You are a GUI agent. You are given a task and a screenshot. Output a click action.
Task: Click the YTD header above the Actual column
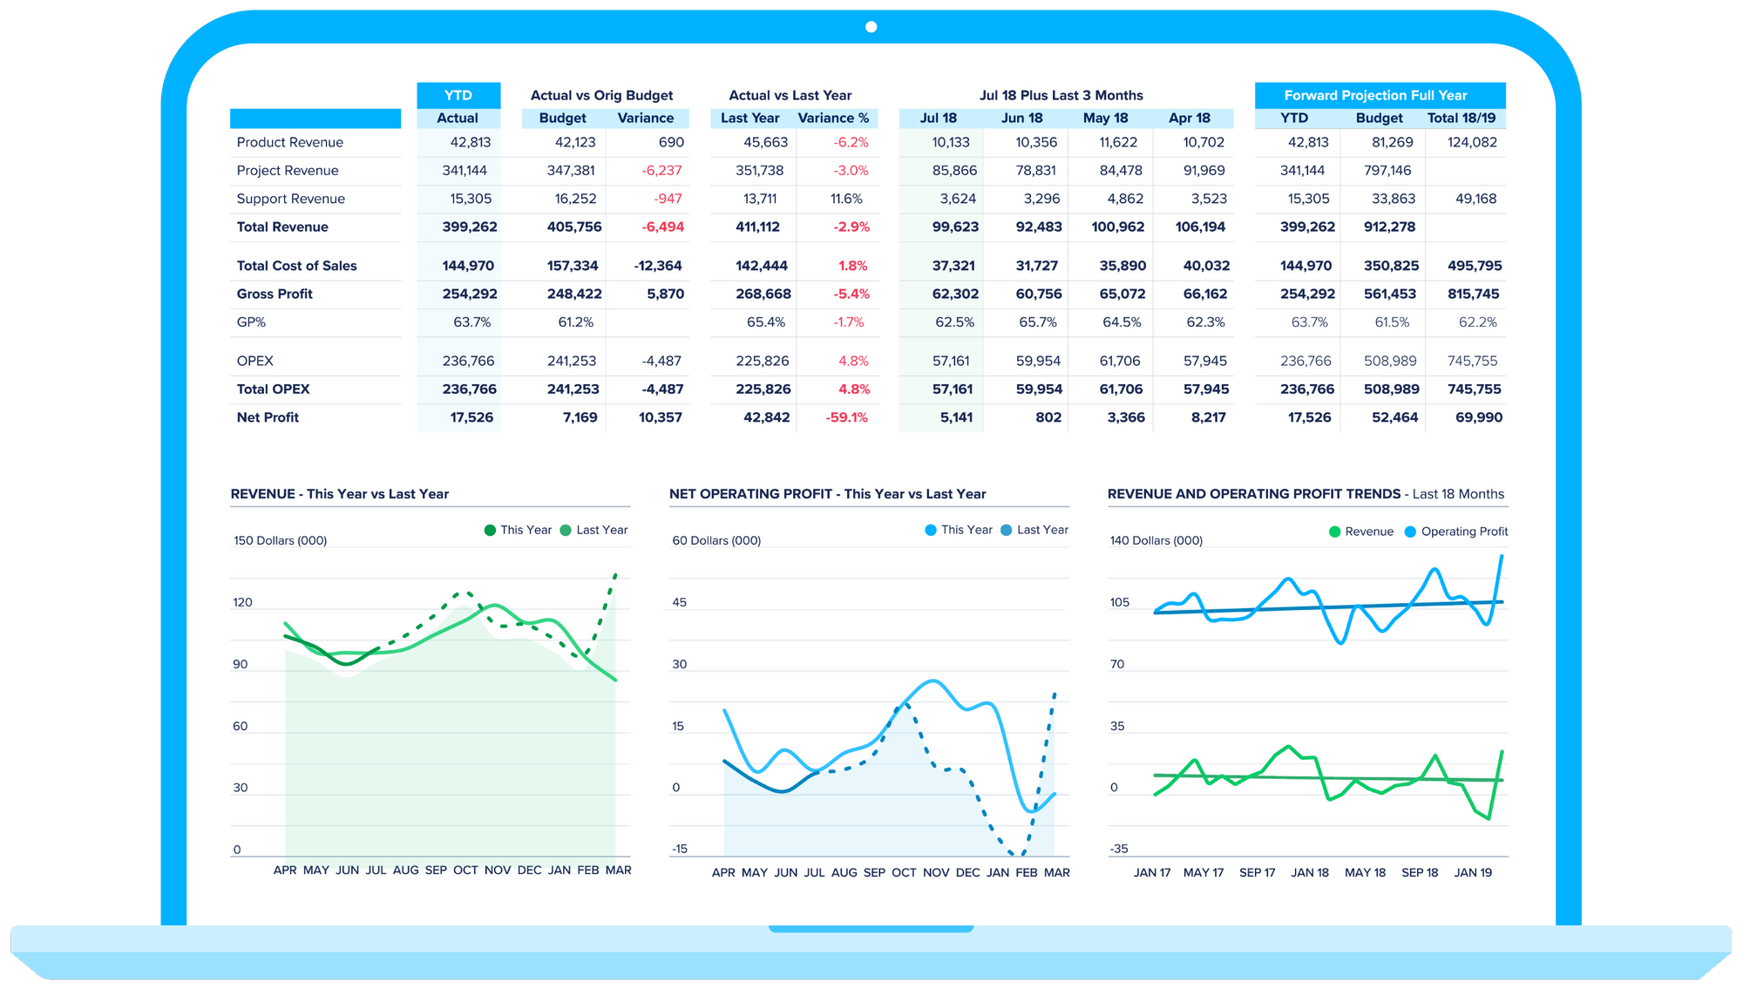pos(458,95)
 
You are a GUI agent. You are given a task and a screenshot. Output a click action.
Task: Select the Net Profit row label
pos(268,417)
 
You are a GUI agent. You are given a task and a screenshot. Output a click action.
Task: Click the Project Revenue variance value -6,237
pos(661,171)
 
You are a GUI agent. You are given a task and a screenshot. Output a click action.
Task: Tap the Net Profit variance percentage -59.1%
pos(846,417)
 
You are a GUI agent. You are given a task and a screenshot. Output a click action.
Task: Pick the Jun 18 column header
pos(1021,118)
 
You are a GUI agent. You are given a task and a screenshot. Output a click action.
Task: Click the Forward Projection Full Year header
pos(1375,95)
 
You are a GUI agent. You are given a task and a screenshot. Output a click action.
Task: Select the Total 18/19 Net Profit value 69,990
pos(1478,417)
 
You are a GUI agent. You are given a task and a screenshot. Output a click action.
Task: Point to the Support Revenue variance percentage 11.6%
pos(846,199)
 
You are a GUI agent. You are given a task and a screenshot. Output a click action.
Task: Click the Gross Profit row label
pos(275,294)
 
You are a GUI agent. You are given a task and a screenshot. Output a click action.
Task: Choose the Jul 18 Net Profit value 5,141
pos(956,417)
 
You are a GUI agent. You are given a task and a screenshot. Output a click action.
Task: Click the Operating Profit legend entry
pos(1456,532)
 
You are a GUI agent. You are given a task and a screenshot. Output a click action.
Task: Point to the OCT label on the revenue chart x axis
pos(465,870)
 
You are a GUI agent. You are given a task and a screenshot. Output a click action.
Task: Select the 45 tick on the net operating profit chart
pos(680,602)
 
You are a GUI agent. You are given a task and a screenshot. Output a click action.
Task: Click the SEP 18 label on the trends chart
pos(1420,872)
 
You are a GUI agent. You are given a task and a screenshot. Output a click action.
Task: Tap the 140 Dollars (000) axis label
pos(1156,540)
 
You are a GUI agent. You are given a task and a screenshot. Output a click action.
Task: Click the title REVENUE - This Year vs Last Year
pos(340,494)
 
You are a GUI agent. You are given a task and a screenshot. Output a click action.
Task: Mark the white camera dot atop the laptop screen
pos(871,27)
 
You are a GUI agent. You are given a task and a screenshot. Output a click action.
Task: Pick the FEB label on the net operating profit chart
pos(1027,872)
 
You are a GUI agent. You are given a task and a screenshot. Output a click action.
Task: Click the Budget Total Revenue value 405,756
pos(573,227)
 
